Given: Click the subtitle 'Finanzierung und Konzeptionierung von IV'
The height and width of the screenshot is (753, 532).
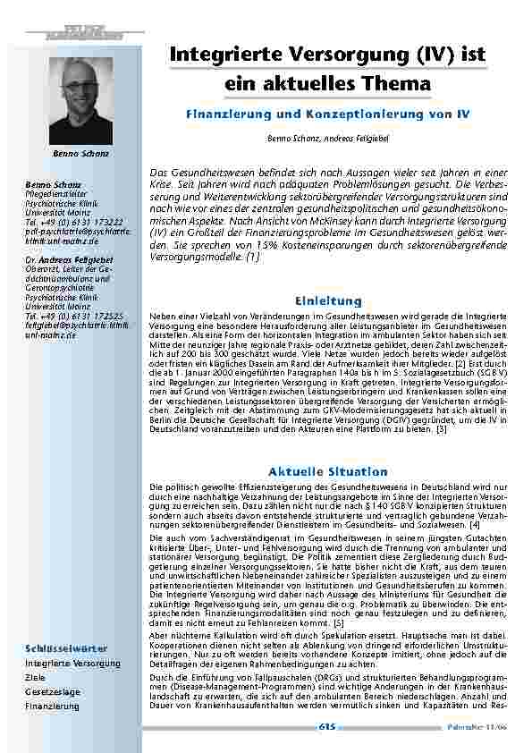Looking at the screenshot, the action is (326, 115).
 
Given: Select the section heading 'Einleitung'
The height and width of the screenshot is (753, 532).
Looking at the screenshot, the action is (326, 300).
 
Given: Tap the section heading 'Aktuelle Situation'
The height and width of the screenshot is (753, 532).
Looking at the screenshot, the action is (326, 470).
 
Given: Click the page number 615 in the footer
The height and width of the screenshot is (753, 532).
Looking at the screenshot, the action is (326, 727).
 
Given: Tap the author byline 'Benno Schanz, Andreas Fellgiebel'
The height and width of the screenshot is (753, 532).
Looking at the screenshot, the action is (326, 140).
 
